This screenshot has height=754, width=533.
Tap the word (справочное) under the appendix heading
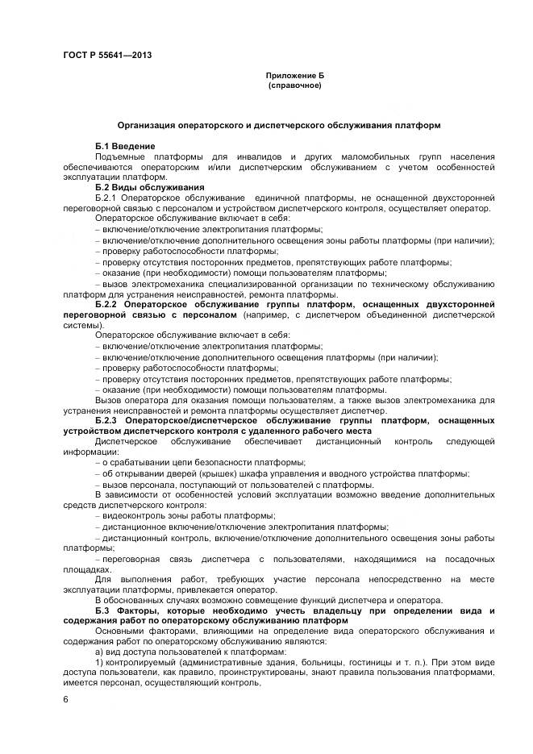(294, 85)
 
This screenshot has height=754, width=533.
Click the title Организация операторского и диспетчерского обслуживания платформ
(278, 126)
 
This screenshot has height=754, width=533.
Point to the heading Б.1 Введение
(123, 144)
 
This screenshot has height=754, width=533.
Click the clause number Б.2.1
(106, 198)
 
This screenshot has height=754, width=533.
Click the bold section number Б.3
(102, 610)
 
